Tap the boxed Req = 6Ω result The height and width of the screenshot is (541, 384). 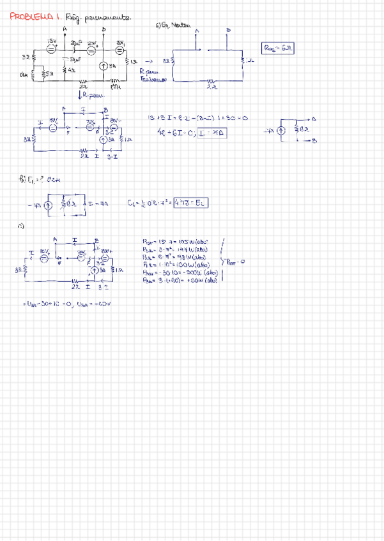pyautogui.click(x=279, y=48)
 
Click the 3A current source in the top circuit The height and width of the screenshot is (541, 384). pyautogui.click(x=104, y=66)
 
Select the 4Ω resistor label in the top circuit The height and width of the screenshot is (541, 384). pyautogui.click(x=70, y=70)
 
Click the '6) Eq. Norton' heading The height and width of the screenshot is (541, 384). pyautogui.click(x=171, y=26)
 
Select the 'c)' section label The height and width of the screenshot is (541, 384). pyautogui.click(x=20, y=225)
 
